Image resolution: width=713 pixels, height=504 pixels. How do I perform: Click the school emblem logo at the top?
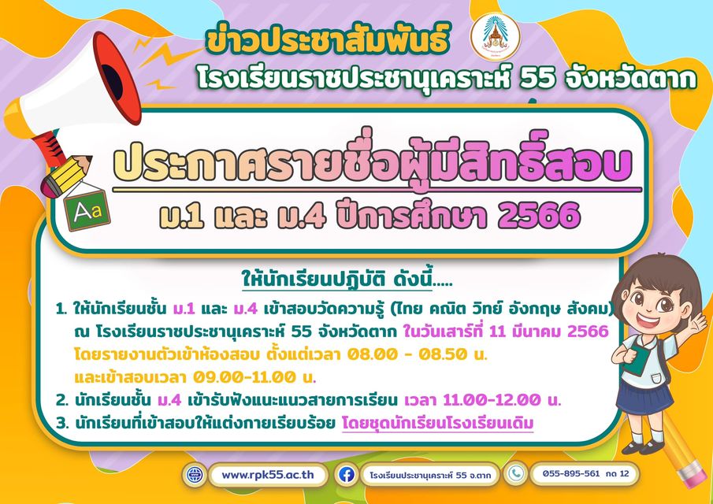(x=496, y=36)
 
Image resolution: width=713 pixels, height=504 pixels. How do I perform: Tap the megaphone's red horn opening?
(x=117, y=78)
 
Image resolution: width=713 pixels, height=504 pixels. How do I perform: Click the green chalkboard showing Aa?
(x=87, y=210)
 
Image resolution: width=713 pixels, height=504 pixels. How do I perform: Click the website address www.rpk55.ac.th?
(x=268, y=474)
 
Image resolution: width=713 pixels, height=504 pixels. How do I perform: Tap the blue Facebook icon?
(x=346, y=475)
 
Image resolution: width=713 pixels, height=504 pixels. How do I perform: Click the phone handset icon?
(x=515, y=473)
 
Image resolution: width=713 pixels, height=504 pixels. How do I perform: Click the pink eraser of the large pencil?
(x=693, y=473)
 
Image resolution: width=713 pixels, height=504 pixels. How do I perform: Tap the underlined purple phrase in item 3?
(x=437, y=424)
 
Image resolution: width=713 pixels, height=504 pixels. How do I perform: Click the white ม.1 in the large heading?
(x=179, y=217)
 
